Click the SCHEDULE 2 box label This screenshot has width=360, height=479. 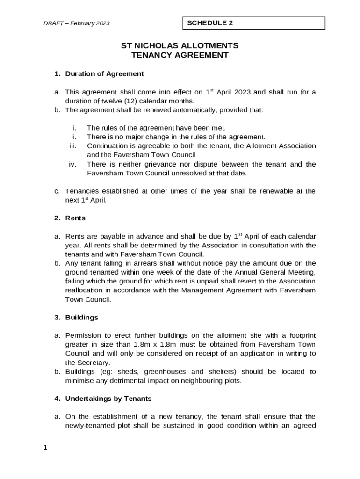(x=210, y=23)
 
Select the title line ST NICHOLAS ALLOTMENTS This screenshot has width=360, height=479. (x=180, y=45)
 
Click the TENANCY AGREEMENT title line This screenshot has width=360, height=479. (x=180, y=55)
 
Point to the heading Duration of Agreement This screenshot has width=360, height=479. (x=104, y=74)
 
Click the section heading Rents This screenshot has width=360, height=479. (x=75, y=218)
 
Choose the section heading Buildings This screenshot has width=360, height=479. (x=82, y=317)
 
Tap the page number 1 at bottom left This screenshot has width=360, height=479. (x=45, y=448)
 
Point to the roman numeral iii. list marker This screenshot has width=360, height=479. (x=72, y=146)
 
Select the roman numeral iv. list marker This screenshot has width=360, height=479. (x=72, y=164)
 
